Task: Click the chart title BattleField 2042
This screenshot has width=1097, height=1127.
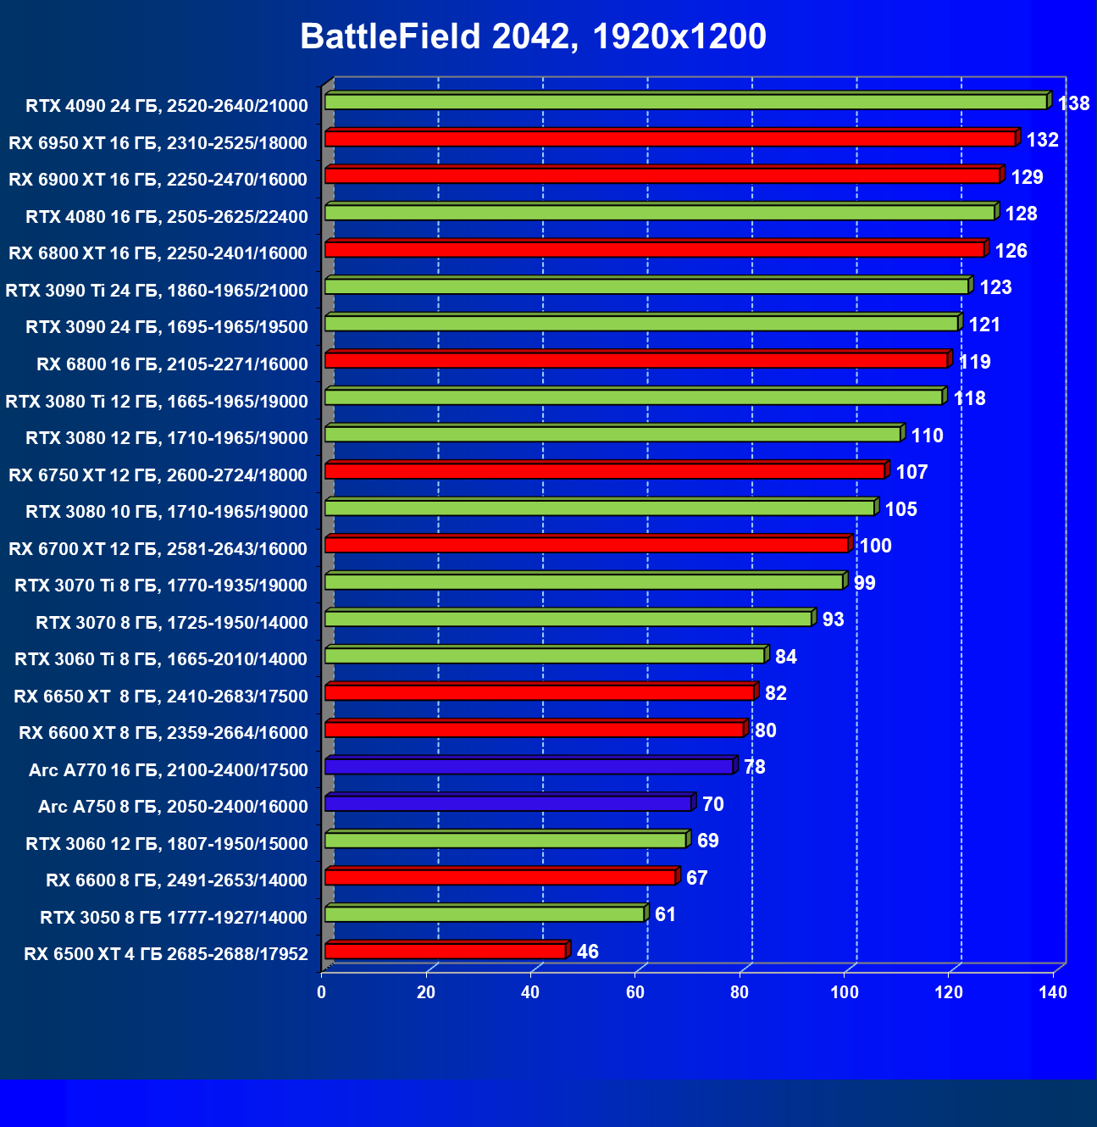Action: [533, 36]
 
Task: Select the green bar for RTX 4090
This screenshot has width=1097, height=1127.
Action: [686, 102]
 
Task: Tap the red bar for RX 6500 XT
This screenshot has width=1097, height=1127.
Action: [445, 951]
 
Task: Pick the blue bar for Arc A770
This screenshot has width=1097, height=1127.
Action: [529, 766]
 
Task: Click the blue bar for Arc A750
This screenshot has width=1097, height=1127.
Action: [508, 803]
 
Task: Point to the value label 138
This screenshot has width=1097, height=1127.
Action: [1073, 103]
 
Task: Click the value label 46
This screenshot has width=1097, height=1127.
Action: [587, 952]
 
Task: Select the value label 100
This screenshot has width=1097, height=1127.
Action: [875, 546]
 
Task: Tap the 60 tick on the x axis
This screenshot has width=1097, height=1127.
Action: [635, 992]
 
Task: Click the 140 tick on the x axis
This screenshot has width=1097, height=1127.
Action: [1053, 992]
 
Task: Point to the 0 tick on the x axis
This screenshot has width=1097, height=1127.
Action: [322, 992]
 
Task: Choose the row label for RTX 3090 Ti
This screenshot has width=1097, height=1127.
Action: [157, 291]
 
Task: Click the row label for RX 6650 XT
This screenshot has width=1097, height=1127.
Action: [161, 697]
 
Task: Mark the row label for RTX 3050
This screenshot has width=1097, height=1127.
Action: [174, 918]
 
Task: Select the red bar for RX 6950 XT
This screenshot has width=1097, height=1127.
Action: [670, 138]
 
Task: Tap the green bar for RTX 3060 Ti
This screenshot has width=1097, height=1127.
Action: [545, 655]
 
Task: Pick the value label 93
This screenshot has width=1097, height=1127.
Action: [833, 619]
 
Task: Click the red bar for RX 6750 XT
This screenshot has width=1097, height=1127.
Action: [605, 470]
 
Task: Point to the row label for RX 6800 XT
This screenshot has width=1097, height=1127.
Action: [158, 253]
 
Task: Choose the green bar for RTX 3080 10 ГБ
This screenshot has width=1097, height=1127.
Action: [600, 508]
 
